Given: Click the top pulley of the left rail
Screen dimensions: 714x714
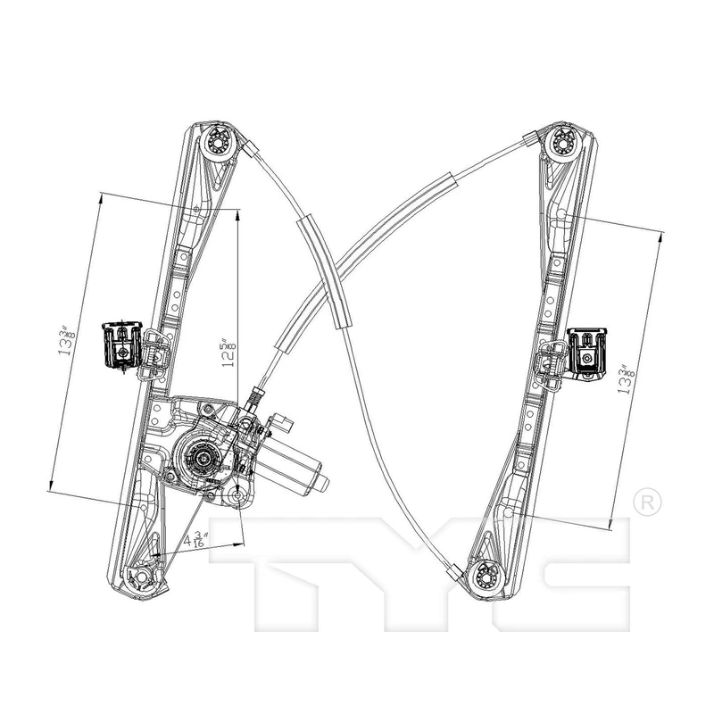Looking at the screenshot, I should pyautogui.click(x=217, y=142).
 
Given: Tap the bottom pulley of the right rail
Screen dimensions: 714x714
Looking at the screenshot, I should pyautogui.click(x=482, y=577).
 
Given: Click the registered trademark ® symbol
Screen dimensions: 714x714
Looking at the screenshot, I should pyautogui.click(x=648, y=502).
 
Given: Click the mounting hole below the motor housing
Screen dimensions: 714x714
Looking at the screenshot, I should pyautogui.click(x=239, y=497).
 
